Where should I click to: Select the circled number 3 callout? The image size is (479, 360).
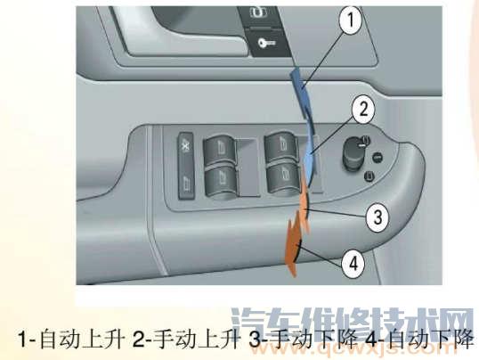click(353, 215)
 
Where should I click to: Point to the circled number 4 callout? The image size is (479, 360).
click(353, 263)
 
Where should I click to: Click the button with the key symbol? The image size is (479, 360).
click(259, 41)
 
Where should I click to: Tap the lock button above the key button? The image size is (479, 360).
click(259, 12)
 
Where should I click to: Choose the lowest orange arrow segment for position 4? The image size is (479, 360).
click(289, 244)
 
